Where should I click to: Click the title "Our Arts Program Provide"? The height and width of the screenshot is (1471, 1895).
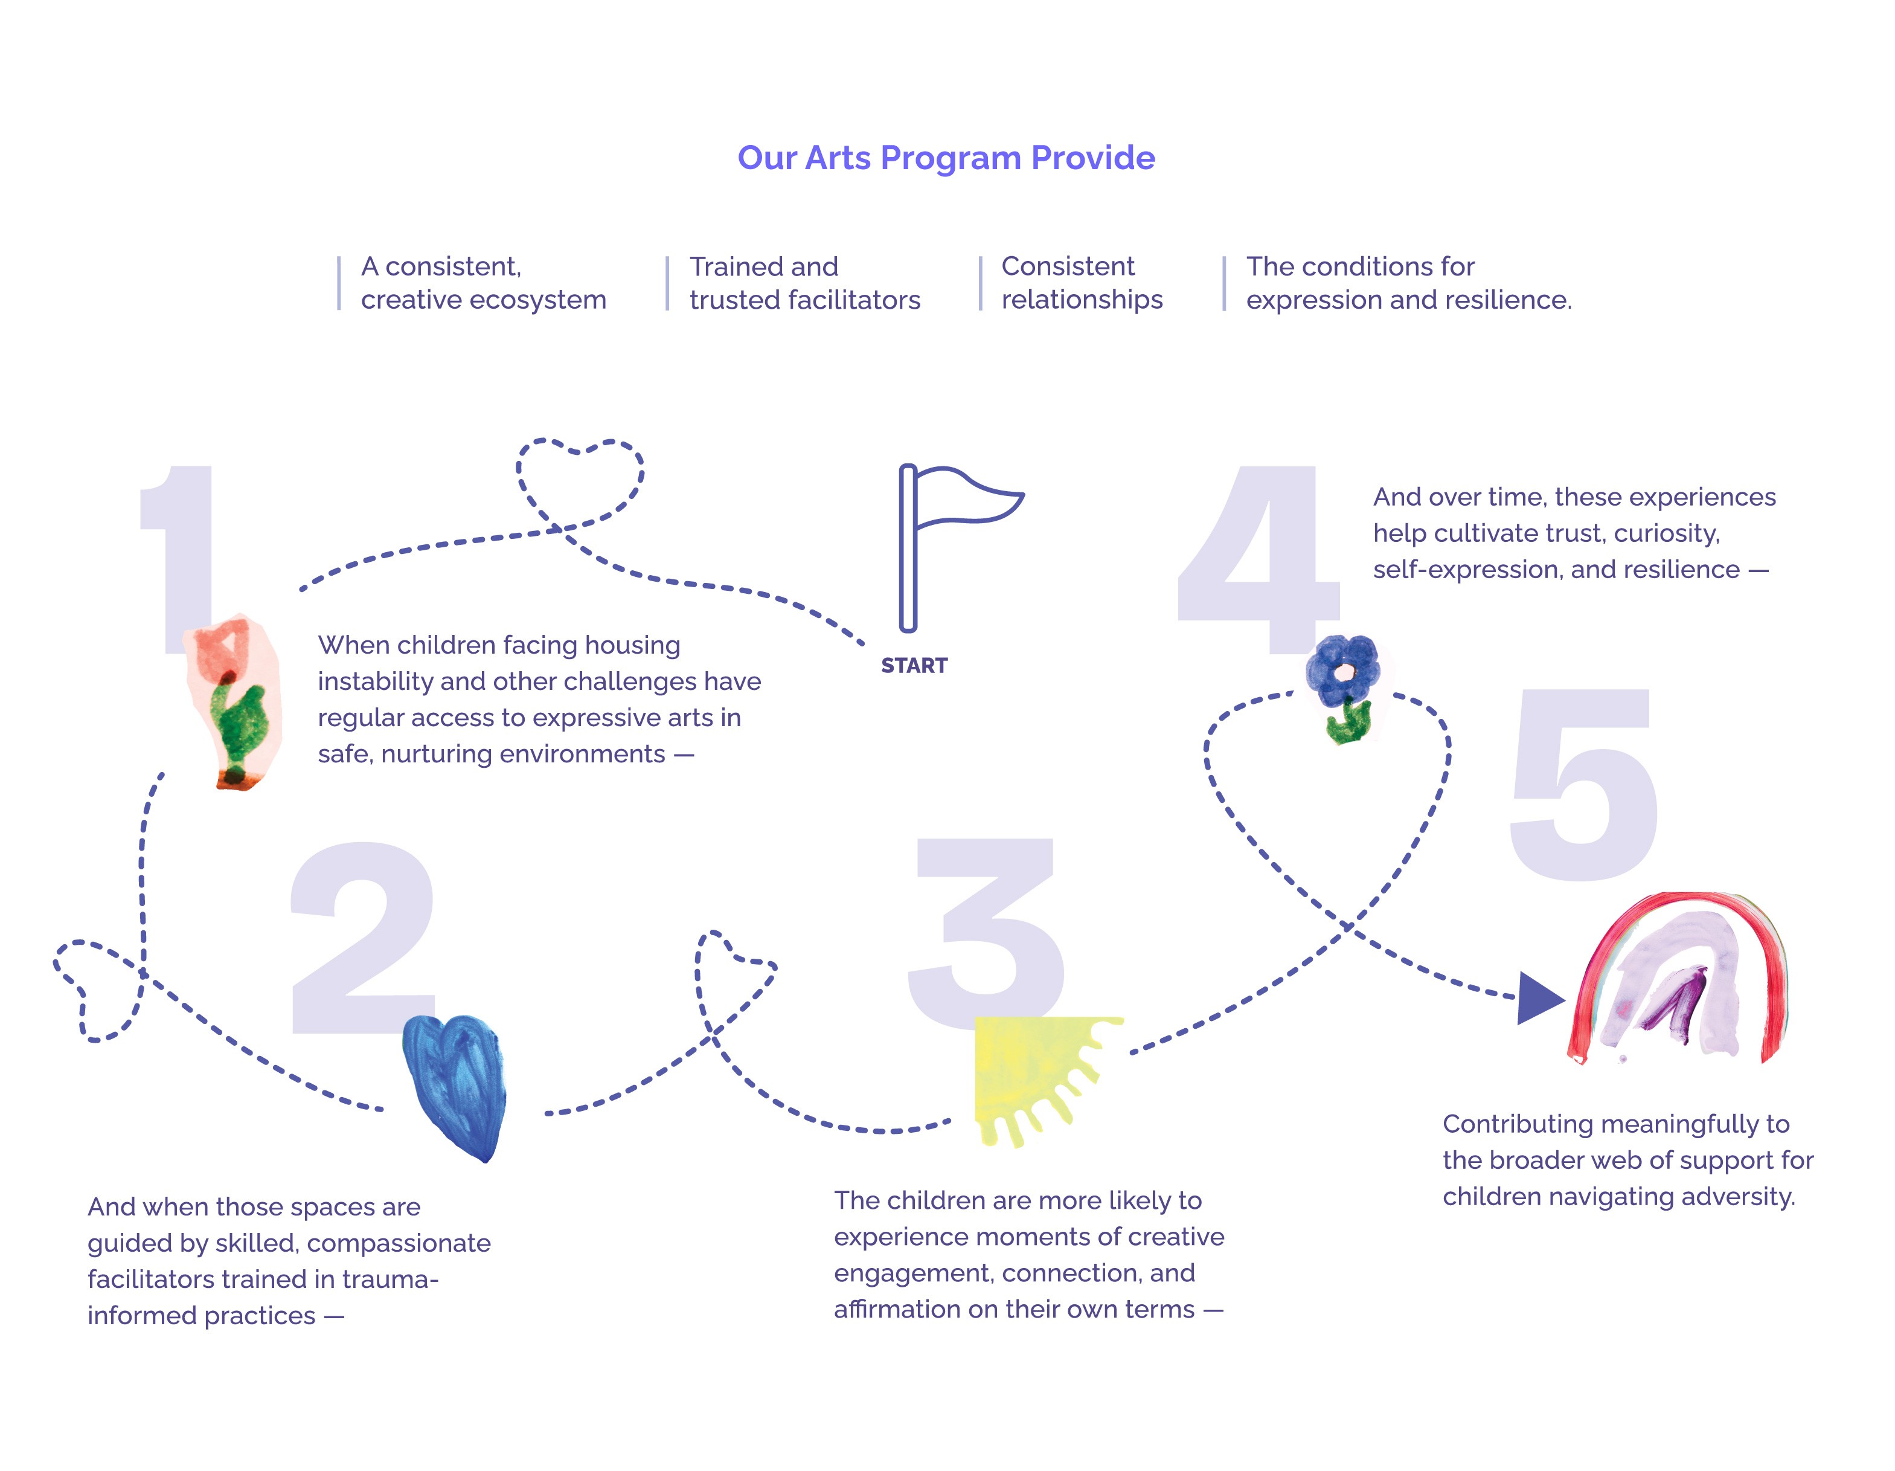pyautogui.click(x=946, y=158)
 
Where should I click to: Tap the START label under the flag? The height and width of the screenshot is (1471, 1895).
pyautogui.click(x=914, y=666)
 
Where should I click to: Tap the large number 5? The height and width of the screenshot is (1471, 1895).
pyautogui.click(x=1583, y=785)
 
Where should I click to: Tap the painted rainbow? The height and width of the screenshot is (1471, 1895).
pyautogui.click(x=1679, y=976)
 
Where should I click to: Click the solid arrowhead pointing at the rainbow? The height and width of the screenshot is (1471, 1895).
pyautogui.click(x=1537, y=998)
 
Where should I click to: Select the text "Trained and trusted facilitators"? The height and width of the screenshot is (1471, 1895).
pyautogui.click(x=804, y=283)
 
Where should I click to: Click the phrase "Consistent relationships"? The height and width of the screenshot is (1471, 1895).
pyautogui.click(x=1081, y=283)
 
